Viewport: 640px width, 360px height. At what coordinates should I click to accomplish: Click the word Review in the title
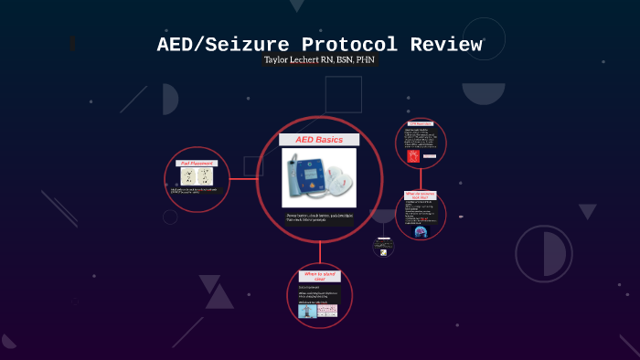(x=445, y=44)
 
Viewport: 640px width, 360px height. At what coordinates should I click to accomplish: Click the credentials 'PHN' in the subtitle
(x=365, y=60)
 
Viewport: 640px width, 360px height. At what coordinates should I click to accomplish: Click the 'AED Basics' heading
(x=319, y=139)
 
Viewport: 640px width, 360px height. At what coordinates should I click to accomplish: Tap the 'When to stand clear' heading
(x=319, y=275)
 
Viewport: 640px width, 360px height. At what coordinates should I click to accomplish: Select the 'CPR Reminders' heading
(x=421, y=122)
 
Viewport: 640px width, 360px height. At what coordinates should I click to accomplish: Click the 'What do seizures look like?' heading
(x=421, y=196)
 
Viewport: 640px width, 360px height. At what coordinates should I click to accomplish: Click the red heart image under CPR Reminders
(x=412, y=156)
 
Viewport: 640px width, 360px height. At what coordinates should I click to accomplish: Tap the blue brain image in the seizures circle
(x=421, y=231)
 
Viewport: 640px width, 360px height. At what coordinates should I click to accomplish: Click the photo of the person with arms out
(x=307, y=311)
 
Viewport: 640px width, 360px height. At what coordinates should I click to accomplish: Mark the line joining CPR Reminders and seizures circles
(x=421, y=179)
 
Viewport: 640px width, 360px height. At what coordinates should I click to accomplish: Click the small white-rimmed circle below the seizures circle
(x=383, y=246)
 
